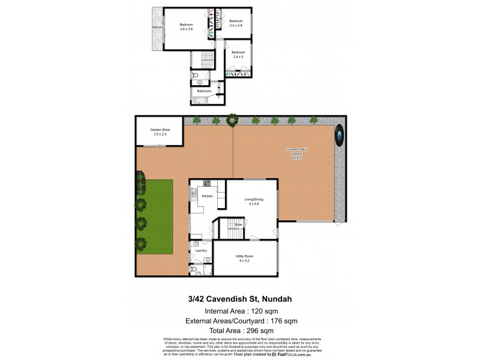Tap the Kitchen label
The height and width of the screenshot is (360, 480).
point(208,196)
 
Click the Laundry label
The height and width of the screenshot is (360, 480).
point(201,250)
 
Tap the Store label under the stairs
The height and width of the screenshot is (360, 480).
point(238,224)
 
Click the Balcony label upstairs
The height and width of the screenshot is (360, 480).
point(157,28)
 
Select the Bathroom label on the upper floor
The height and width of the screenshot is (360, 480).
point(204,91)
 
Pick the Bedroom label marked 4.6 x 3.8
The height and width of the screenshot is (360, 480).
point(186,26)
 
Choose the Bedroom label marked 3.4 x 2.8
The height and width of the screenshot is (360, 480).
point(235,23)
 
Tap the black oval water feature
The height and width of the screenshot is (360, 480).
point(340,136)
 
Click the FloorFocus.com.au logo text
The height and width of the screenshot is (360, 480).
point(293,355)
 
